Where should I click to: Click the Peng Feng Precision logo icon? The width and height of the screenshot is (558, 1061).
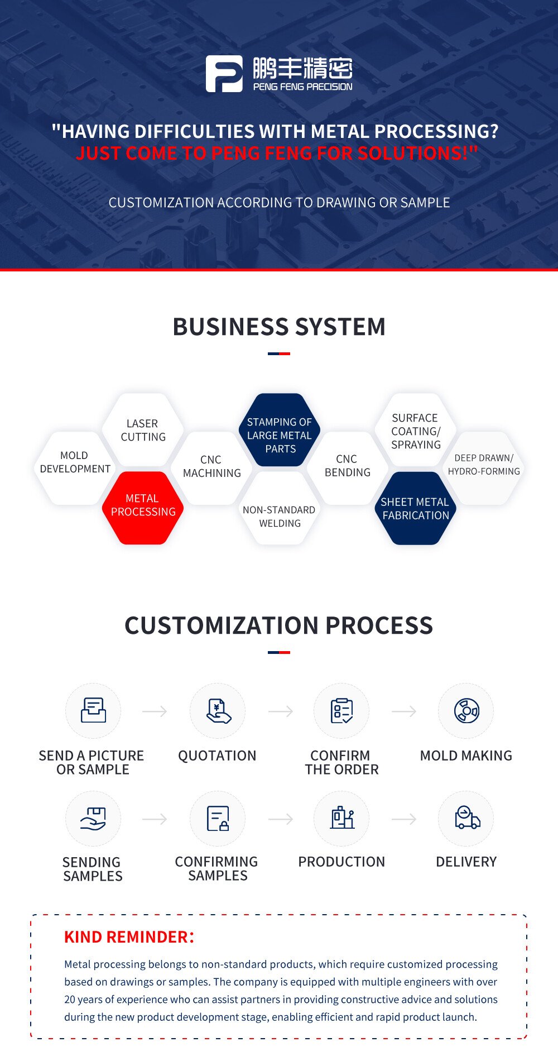click(x=224, y=74)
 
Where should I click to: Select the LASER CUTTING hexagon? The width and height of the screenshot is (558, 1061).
click(x=143, y=430)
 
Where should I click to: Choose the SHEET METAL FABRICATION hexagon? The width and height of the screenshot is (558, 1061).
click(x=415, y=508)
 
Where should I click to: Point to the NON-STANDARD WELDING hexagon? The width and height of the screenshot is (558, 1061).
click(x=279, y=516)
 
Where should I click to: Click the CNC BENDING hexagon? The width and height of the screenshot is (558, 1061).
click(x=347, y=466)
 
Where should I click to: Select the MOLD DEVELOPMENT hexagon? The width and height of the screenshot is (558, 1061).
click(x=75, y=463)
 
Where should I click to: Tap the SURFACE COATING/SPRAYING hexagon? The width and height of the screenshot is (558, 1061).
click(x=416, y=431)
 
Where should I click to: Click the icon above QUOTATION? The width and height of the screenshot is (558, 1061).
click(x=218, y=711)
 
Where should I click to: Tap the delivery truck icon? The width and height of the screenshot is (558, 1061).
click(x=466, y=818)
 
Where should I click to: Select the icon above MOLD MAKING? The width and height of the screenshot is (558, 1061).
click(x=466, y=711)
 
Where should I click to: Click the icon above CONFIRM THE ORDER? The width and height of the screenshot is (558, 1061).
click(x=341, y=711)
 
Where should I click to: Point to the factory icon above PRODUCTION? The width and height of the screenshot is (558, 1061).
click(x=341, y=818)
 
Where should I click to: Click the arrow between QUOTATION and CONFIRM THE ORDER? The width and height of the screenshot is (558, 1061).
click(x=280, y=711)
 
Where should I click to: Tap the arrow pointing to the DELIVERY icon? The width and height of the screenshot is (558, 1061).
click(x=404, y=819)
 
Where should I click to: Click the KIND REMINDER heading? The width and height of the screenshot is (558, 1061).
click(x=129, y=937)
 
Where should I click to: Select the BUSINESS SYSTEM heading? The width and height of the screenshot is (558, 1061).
click(x=279, y=327)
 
